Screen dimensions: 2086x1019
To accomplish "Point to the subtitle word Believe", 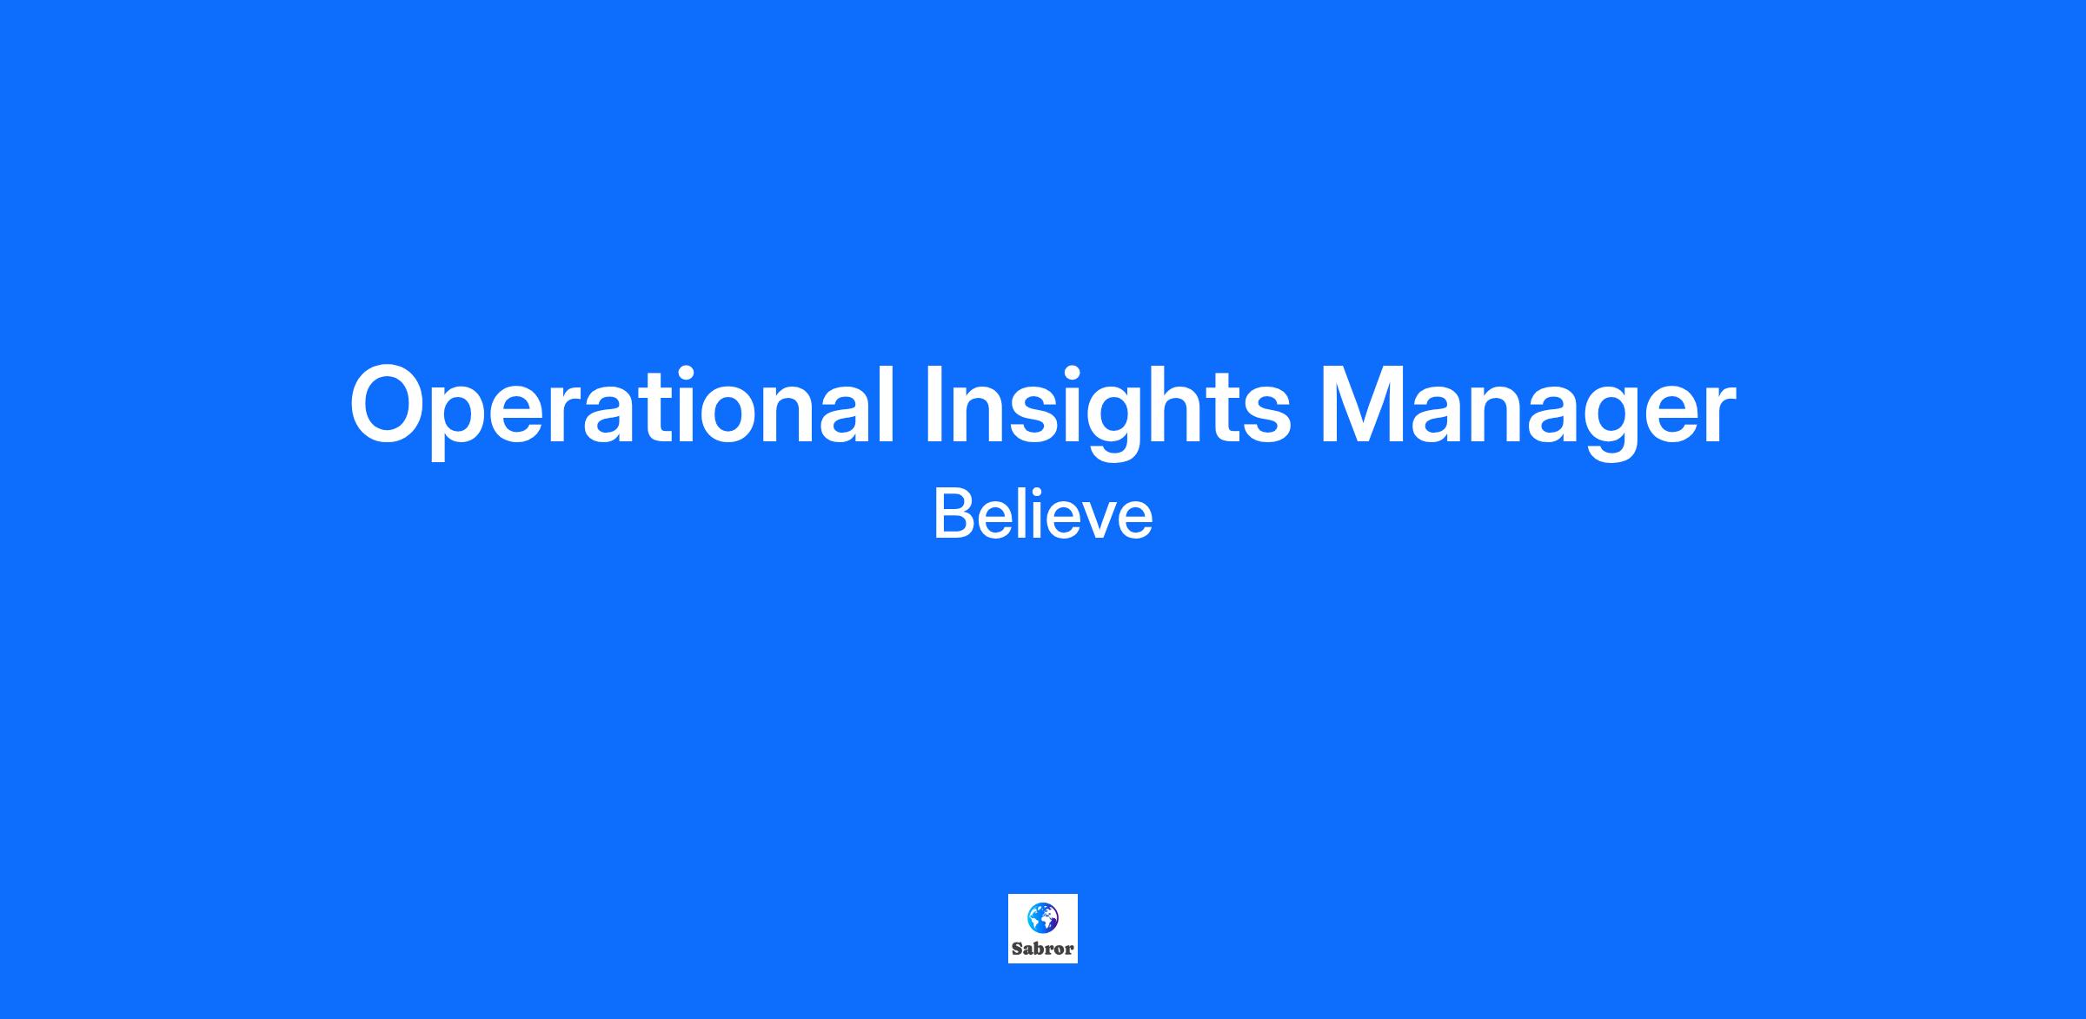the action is [x=1043, y=514].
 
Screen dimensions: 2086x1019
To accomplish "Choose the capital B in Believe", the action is [x=952, y=514].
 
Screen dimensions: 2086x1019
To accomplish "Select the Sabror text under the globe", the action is [x=1043, y=949].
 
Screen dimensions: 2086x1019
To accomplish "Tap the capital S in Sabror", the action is [x=1017, y=949].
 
